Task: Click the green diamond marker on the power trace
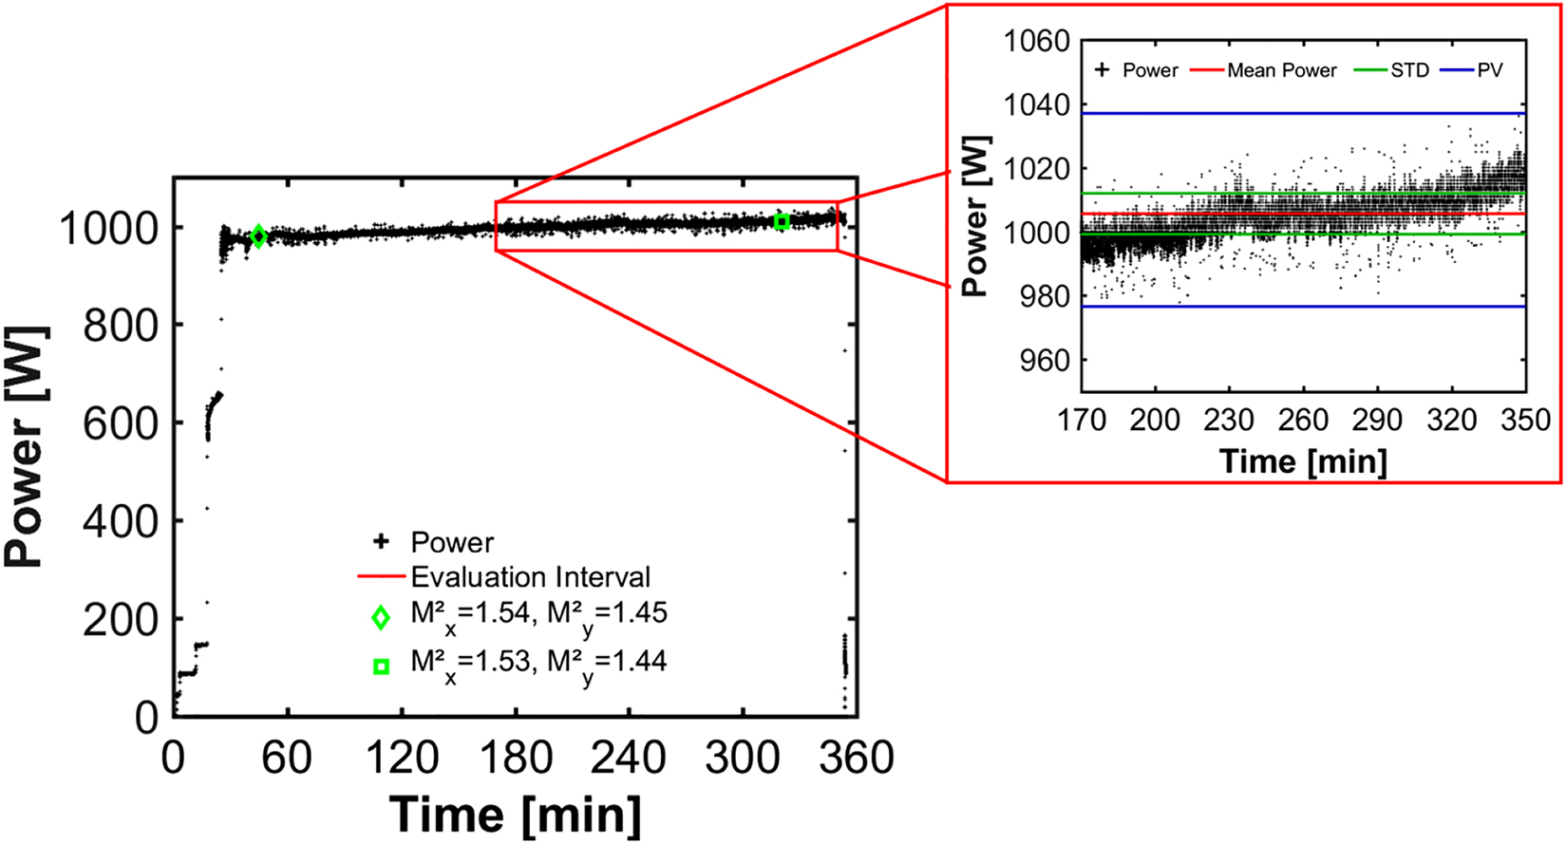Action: pyautogui.click(x=258, y=236)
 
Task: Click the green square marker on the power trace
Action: pyautogui.click(x=782, y=221)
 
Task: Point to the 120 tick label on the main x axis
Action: pyautogui.click(x=402, y=760)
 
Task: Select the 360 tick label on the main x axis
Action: pyautogui.click(x=857, y=760)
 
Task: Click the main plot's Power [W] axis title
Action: pyautogui.click(x=26, y=446)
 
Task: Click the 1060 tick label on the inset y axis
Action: pyautogui.click(x=1036, y=42)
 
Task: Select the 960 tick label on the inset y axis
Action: pyautogui.click(x=1044, y=361)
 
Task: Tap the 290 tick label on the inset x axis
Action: pyautogui.click(x=1377, y=421)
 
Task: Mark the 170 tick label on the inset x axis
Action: pyautogui.click(x=1082, y=421)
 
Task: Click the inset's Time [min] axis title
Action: pyautogui.click(x=1303, y=461)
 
